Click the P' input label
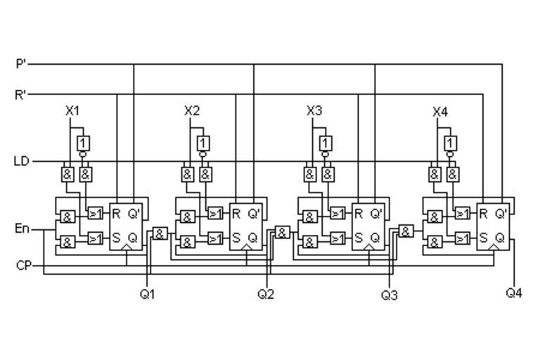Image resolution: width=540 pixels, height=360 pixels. coord(20,64)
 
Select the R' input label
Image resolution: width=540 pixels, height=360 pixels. coord(20,94)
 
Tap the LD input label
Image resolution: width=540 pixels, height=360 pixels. coord(22,161)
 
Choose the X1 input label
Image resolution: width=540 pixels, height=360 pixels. coord(72,110)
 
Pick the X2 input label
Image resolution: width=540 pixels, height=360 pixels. coord(192,110)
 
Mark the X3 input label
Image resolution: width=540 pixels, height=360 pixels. coord(314,110)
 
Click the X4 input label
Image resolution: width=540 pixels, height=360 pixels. coord(440,111)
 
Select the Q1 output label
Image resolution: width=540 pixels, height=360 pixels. coord(147,294)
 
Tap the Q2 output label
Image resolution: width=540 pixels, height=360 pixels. coord(266,294)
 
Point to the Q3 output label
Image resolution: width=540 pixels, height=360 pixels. coord(390,295)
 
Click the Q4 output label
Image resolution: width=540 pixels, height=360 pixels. coord(514,292)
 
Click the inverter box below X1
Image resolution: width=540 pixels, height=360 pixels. coord(84,143)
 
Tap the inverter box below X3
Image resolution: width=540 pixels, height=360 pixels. coord(325,143)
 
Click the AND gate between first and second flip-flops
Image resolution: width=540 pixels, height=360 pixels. coord(160,233)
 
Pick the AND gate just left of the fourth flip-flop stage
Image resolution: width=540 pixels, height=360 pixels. coord(406,231)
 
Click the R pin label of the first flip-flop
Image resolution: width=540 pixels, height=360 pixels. coord(116,214)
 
